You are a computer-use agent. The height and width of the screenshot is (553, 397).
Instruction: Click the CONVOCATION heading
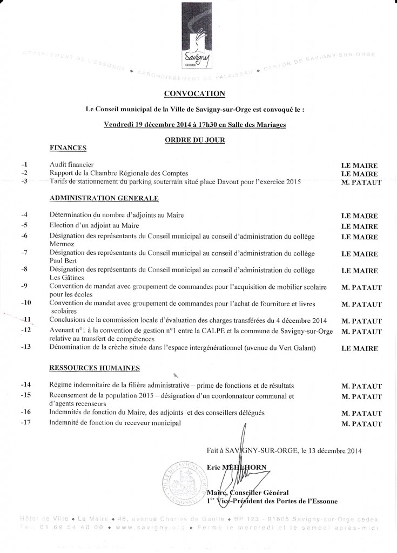coord(194,94)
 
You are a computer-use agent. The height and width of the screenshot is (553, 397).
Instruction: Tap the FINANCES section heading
coord(68,147)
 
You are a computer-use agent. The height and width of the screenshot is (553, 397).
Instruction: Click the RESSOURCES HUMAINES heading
coord(95,368)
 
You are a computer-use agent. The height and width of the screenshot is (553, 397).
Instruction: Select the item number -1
coord(24,164)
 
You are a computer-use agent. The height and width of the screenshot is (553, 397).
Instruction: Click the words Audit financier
coord(72,164)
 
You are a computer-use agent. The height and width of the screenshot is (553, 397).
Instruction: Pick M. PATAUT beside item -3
coord(361,183)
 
